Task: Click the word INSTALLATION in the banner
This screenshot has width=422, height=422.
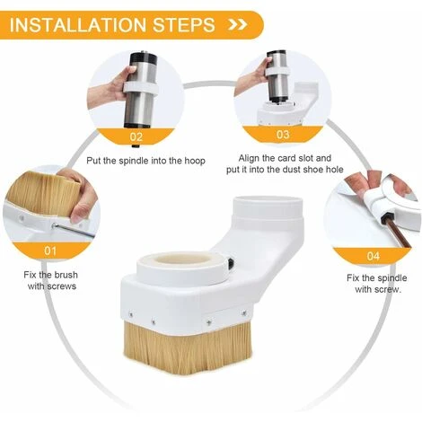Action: tap(78, 25)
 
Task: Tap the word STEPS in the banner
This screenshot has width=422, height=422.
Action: tap(184, 25)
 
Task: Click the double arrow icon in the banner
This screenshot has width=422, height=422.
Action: tap(238, 24)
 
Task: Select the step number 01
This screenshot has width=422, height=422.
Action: tap(50, 251)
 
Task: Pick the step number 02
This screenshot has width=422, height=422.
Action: tap(136, 137)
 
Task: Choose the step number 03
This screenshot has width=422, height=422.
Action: tap(283, 135)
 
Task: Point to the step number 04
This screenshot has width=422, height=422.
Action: tap(374, 256)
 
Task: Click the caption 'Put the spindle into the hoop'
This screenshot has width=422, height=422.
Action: tap(145, 161)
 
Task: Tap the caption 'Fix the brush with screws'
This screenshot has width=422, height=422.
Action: tap(51, 280)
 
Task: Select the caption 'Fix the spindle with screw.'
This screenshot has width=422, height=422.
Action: tap(377, 284)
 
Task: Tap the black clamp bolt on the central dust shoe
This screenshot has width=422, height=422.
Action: tap(231, 263)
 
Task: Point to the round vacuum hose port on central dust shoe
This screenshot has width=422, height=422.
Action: tap(268, 208)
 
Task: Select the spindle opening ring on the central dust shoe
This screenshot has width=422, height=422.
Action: tap(183, 267)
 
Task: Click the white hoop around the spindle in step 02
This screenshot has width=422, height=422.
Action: tap(141, 87)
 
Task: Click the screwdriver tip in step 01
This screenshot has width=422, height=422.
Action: tap(54, 225)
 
